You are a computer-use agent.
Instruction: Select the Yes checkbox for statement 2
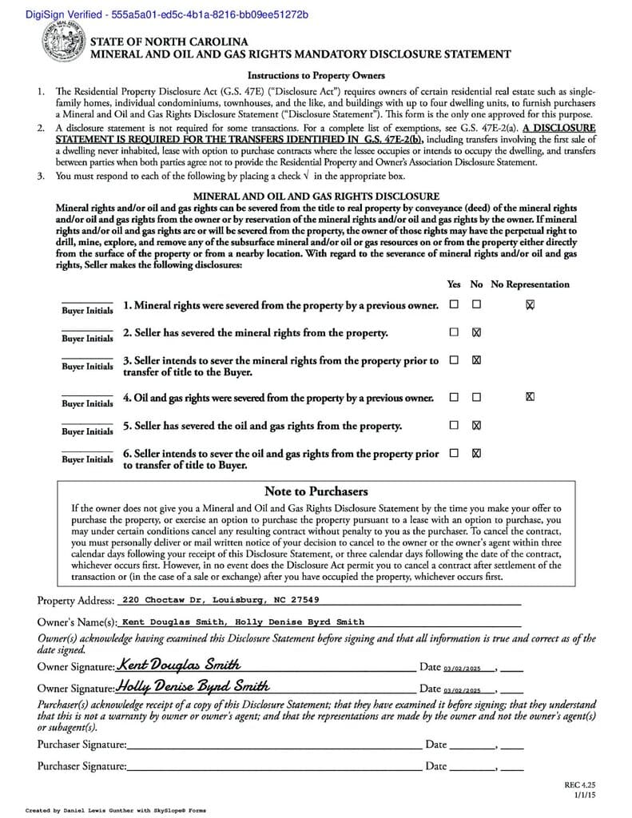click(454, 332)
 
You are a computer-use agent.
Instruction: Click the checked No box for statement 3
click(477, 360)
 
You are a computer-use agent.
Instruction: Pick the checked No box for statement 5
click(477, 425)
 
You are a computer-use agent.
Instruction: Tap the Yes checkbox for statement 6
click(454, 453)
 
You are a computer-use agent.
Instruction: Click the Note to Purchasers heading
click(316, 491)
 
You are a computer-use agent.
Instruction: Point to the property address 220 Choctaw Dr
click(221, 600)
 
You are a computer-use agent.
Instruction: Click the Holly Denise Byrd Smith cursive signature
click(193, 685)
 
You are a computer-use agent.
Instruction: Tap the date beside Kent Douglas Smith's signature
click(463, 668)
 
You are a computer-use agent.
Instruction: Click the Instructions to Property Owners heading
click(316, 75)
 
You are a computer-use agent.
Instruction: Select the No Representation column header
click(530, 284)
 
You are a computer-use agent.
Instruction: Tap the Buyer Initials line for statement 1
click(87, 305)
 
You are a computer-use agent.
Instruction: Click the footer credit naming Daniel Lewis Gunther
click(116, 810)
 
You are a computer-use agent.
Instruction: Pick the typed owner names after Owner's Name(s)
click(244, 621)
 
